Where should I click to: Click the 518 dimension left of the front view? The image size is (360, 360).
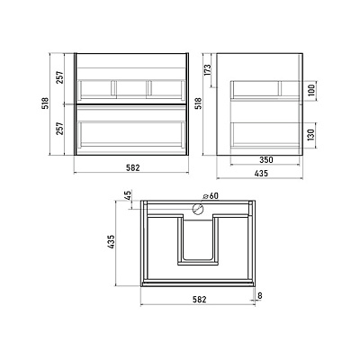45,103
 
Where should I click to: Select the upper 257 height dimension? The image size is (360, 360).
60,77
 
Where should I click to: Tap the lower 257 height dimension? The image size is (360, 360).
60,129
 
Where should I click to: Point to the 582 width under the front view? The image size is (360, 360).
133,167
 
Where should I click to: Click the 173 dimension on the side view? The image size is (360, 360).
208,70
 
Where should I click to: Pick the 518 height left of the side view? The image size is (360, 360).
199,103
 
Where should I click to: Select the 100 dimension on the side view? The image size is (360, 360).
311,90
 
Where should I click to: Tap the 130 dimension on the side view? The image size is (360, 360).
311,135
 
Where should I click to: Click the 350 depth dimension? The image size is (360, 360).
266,160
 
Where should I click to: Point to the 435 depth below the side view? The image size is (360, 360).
260,174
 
